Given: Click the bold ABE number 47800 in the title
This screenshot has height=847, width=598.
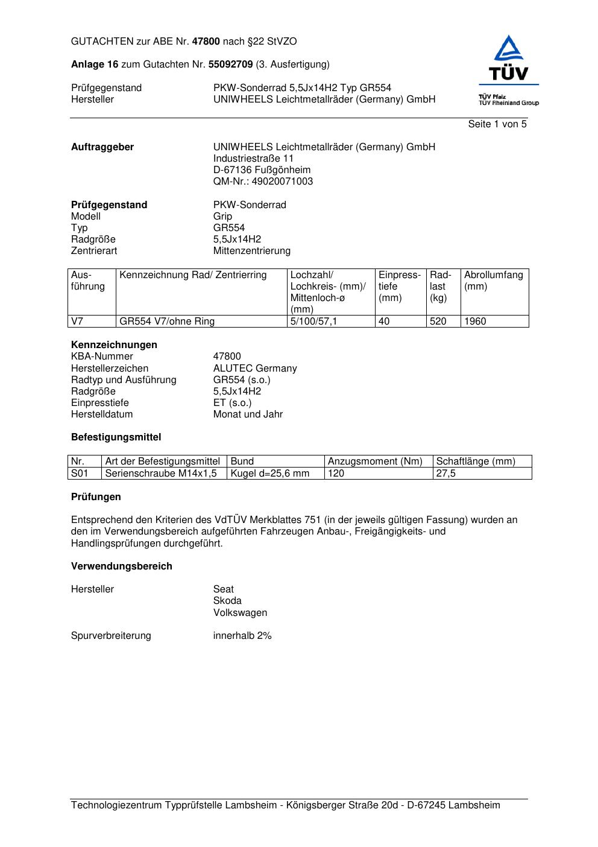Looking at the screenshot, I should pyautogui.click(x=206, y=42).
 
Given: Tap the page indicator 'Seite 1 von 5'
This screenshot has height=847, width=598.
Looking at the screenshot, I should pyautogui.click(x=497, y=124).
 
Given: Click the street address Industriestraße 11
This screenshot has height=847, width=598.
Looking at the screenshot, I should pyautogui.click(x=253, y=159).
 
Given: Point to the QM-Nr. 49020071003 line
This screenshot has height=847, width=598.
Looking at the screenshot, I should pyautogui.click(x=263, y=182).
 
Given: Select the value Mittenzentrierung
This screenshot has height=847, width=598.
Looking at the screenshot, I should pyautogui.click(x=251, y=251).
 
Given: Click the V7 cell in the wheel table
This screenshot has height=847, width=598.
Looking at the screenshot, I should pyautogui.click(x=77, y=322).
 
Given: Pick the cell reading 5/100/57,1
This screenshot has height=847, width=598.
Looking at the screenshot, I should pyautogui.click(x=313, y=322).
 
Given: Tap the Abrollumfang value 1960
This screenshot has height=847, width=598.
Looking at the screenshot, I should pyautogui.click(x=475, y=322).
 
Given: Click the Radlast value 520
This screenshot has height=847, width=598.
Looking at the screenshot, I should pyautogui.click(x=438, y=322).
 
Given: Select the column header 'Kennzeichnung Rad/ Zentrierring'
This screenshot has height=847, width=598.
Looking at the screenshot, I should pyautogui.click(x=193, y=276).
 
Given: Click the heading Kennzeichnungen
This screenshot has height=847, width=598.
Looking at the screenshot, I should pyautogui.click(x=114, y=345).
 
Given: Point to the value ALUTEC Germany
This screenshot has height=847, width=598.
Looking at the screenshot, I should pyautogui.click(x=255, y=369).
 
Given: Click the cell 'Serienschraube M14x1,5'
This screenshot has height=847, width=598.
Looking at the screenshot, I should pyautogui.click(x=161, y=474).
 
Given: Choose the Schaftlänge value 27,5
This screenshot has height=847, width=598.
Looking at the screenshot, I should pyautogui.click(x=446, y=474).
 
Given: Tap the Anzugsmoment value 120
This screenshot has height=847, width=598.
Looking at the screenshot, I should pyautogui.click(x=336, y=474).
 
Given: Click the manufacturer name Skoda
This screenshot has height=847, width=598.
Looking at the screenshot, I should pyautogui.click(x=227, y=601).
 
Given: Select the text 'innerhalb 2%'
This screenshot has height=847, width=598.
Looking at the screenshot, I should pyautogui.click(x=242, y=636).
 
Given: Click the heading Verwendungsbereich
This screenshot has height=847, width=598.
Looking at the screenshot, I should pyautogui.click(x=122, y=566).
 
